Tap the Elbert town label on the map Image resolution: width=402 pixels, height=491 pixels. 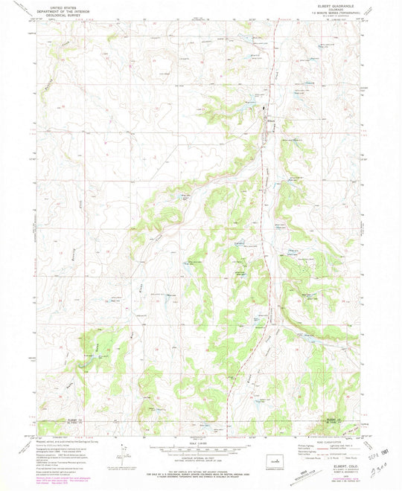point(272,121)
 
